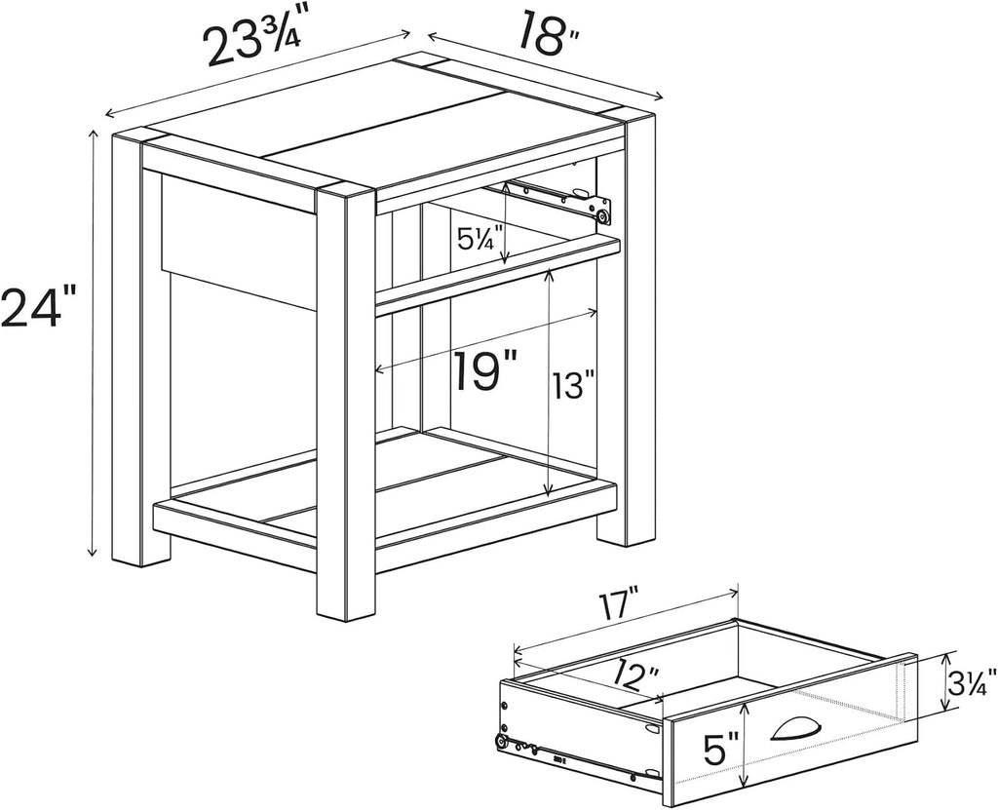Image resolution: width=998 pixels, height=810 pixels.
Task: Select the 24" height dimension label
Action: (38, 307)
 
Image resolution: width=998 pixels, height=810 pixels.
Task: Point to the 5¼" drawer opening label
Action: (480, 239)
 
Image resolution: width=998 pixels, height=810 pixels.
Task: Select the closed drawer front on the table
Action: (239, 240)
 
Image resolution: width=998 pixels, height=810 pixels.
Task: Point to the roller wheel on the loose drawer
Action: (503, 741)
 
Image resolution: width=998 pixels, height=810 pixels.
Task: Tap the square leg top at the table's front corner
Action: (344, 193)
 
